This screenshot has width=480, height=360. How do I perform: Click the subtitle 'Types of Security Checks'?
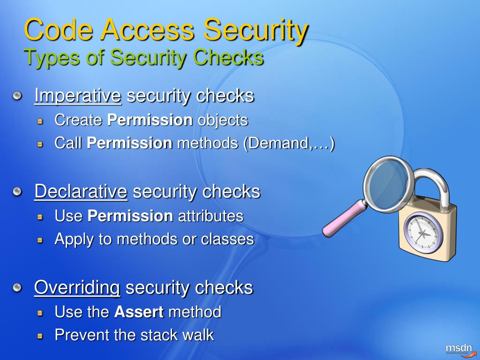click(143, 58)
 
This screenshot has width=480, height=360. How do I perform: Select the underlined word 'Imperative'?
click(78, 96)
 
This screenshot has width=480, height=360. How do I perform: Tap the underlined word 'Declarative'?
click(81, 191)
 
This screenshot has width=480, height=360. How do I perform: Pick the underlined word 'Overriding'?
click(77, 287)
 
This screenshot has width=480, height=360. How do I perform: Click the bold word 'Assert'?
click(139, 312)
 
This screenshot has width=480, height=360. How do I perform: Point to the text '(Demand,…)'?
click(289, 143)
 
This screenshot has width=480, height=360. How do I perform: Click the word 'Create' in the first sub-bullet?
click(78, 120)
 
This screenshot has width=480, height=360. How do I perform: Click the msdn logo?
click(458, 348)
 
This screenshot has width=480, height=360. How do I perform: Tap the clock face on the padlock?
click(423, 232)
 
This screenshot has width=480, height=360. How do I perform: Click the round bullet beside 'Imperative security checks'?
click(17, 96)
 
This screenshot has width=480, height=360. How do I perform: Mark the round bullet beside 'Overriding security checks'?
click(17, 287)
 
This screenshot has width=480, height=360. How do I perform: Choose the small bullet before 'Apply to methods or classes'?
click(41, 240)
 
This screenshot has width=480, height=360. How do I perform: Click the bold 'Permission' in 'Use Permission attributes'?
click(130, 216)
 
